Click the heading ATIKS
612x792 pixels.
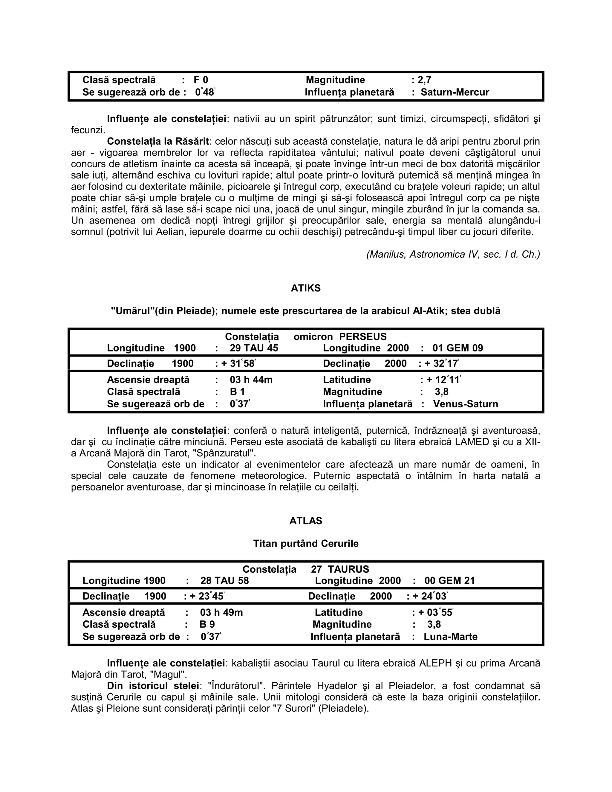tap(306, 288)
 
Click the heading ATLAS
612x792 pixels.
tap(306, 521)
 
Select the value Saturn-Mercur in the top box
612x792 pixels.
tap(455, 92)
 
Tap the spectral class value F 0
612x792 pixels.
tap(201, 80)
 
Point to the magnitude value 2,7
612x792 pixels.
tap(424, 80)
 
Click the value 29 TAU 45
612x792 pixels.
tap(254, 348)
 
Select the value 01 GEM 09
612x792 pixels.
tap(458, 348)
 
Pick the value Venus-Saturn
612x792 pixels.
tap(466, 404)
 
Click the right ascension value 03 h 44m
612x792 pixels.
tap(251, 380)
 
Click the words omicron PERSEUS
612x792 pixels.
tap(340, 337)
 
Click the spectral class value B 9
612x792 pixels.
tap(207, 624)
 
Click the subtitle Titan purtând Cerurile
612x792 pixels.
tap(306, 544)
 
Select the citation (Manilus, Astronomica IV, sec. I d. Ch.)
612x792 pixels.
tap(453, 254)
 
